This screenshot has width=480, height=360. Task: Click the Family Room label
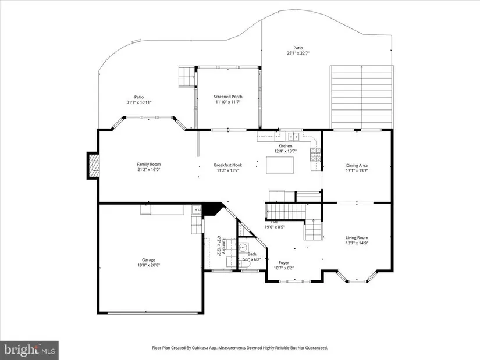point(149,165)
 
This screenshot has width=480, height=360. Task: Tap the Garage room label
point(148,260)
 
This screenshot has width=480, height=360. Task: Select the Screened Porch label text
point(228,97)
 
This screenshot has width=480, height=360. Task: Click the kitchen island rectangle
point(280,165)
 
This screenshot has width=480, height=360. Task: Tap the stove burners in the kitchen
point(315,155)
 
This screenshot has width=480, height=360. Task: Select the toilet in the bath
point(245,263)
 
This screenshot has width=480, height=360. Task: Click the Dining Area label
point(357,166)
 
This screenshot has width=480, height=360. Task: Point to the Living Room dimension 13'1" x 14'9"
point(357,243)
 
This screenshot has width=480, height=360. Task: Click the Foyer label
point(284,263)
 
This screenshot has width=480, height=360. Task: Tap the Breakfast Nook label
point(228,165)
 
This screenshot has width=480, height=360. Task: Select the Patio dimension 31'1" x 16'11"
point(139,102)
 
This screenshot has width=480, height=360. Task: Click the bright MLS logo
point(30,349)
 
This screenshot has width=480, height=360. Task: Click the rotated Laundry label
point(224,247)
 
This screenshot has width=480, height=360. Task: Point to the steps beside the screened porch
point(187,77)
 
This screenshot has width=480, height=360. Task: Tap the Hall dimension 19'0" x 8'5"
point(275,227)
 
